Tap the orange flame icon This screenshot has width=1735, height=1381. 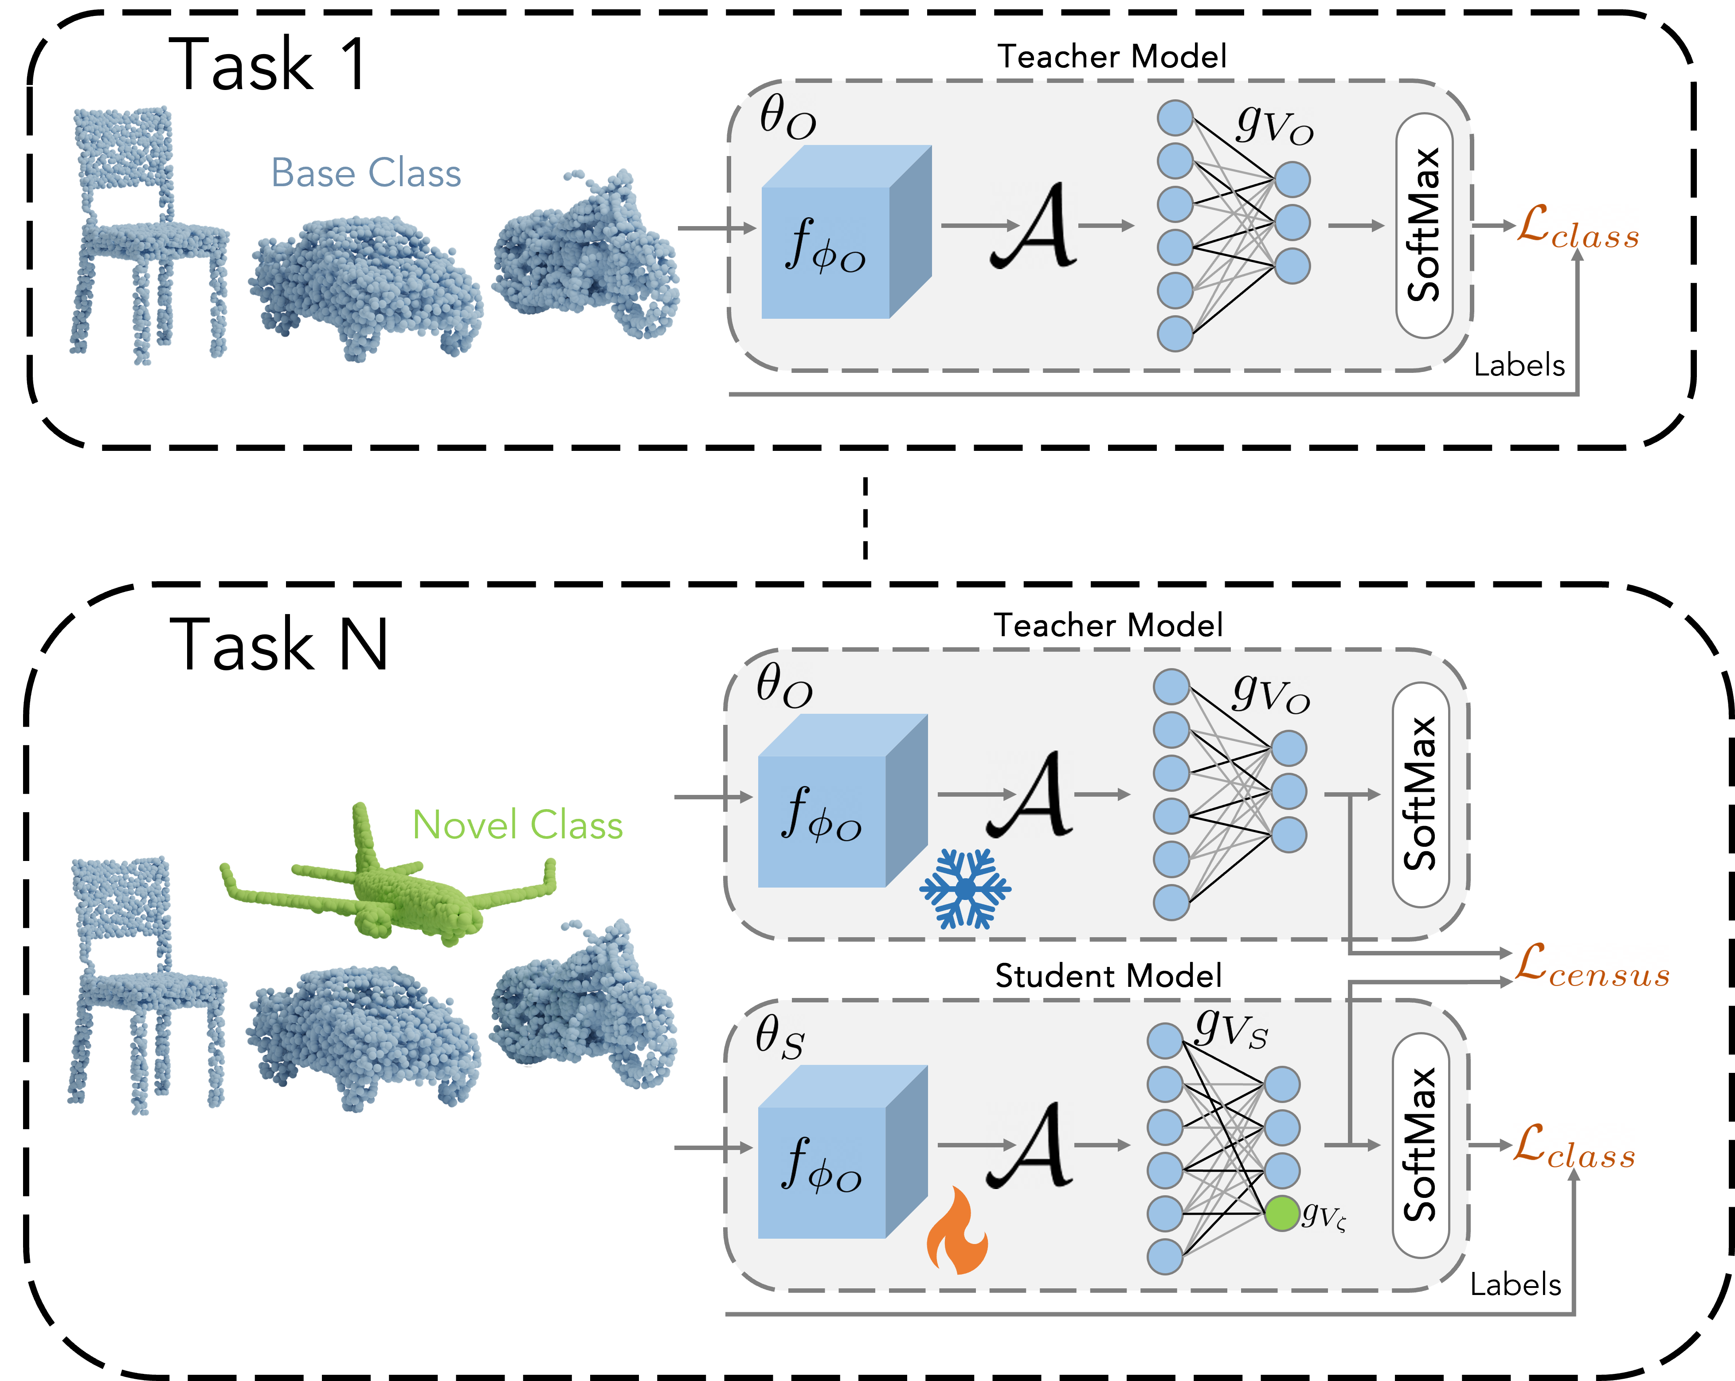(x=957, y=1231)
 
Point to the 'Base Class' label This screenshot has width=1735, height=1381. (x=366, y=173)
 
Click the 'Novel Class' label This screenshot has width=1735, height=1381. (x=517, y=825)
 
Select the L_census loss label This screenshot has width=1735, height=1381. (x=1591, y=966)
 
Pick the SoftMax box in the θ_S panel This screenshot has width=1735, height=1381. (x=1420, y=1145)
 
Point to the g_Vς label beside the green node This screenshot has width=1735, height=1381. (x=1324, y=1215)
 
